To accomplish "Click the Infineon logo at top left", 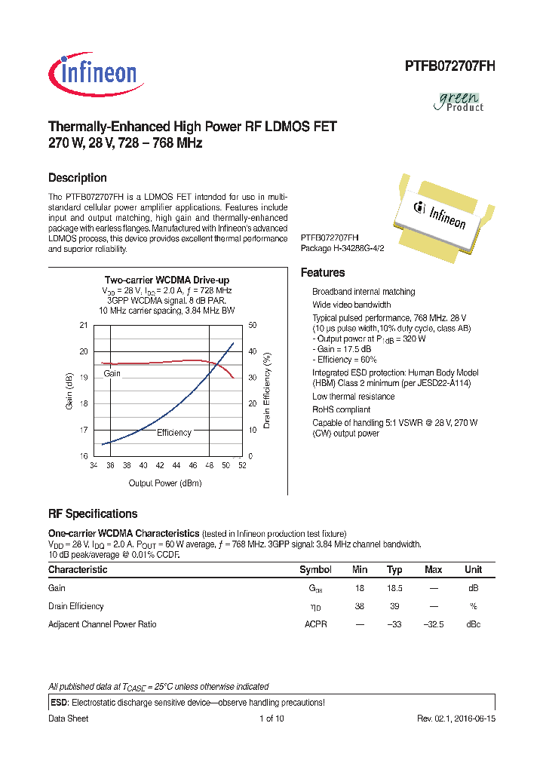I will coord(93,72).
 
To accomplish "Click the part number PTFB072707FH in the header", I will coord(449,66).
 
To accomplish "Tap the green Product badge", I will coord(460,101).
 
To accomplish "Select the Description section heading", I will coord(77,178).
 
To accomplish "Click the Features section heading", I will coord(323,273).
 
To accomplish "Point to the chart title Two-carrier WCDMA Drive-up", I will coord(167,280).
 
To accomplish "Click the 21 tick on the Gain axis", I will coord(83,325).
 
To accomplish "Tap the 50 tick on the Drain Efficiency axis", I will coord(252,325).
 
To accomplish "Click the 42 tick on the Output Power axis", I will coord(160,466).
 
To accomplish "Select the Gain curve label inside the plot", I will coord(112,373).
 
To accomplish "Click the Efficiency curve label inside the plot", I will coord(173,432).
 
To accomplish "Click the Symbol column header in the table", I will coord(315,570).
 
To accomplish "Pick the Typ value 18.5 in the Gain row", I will coord(394,588).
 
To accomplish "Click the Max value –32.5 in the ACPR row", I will coord(433,624).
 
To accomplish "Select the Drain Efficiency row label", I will coord(76,606).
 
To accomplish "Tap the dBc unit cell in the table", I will coord(473,624).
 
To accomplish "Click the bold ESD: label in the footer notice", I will coord(59,703).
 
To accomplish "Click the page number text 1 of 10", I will coord(271,719).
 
